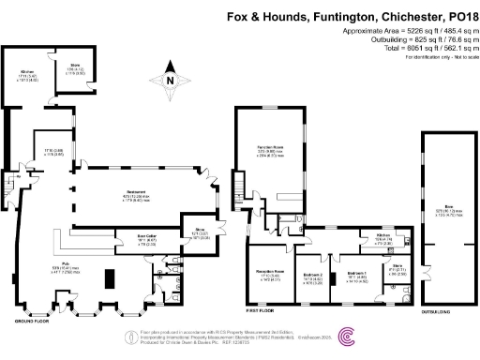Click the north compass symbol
click(169, 80)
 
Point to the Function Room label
click(272, 147)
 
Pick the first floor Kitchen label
click(382, 235)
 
